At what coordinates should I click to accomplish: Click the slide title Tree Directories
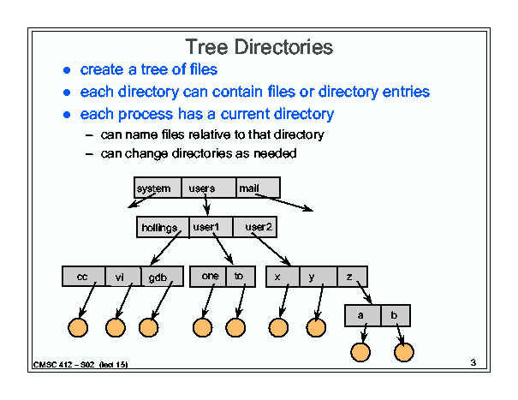coord(259,46)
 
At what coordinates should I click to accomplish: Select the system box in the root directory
coord(158,188)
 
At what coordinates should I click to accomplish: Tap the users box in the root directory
coord(209,188)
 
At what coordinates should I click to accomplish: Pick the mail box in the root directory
coord(259,188)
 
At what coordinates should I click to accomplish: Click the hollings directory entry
coord(163,227)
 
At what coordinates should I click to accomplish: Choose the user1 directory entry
coord(211,227)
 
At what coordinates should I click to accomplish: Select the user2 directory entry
coord(254,227)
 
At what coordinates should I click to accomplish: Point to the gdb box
coord(162,277)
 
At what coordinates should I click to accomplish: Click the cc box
coord(84,277)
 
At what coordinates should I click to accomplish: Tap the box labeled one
coord(208,277)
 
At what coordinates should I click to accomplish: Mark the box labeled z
coord(352,277)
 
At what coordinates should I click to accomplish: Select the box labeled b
coord(396,316)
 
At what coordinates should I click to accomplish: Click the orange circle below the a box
coord(360,352)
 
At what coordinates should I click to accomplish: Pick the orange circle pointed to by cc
coord(78,327)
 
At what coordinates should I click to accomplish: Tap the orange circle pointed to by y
coord(316,327)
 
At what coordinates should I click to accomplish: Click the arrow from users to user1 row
coord(206,204)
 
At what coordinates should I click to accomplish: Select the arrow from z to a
coord(365,293)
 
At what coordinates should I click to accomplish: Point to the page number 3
coord(473,362)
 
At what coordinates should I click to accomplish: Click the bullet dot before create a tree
coord(67,70)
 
